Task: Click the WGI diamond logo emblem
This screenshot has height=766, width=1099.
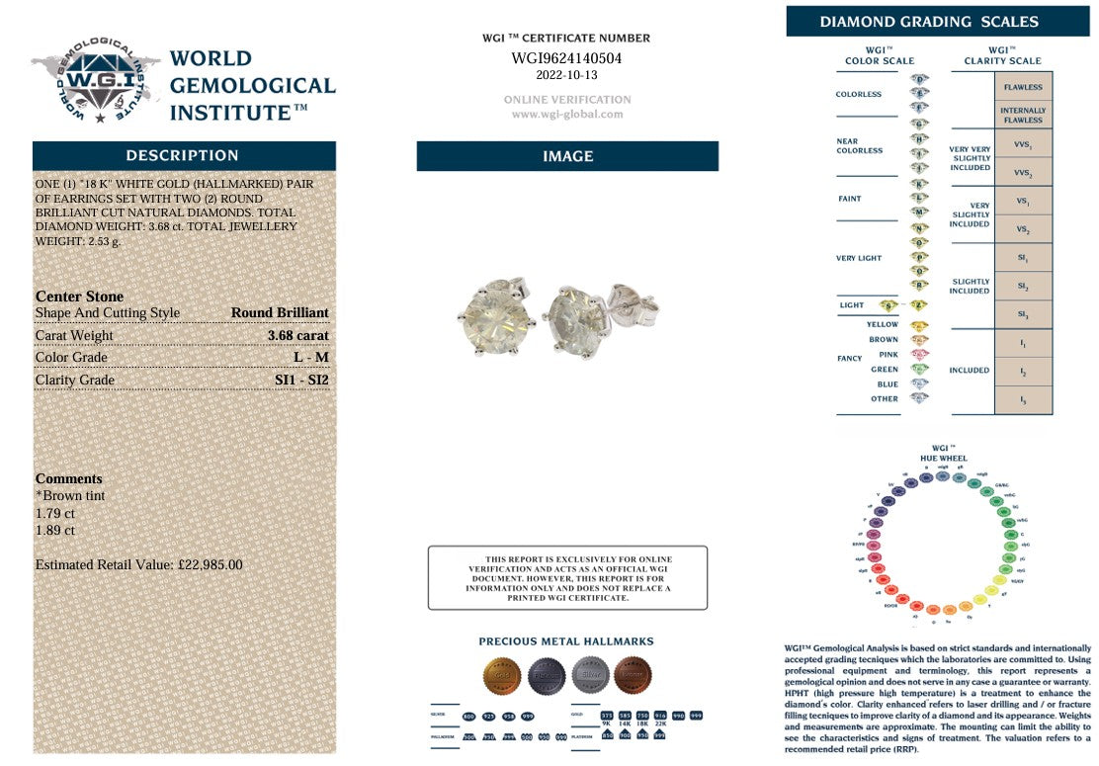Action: coord(97,81)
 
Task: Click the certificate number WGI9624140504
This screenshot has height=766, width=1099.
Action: coord(566,58)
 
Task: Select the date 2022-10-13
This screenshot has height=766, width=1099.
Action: coord(566,75)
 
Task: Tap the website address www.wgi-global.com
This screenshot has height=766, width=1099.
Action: coord(567,114)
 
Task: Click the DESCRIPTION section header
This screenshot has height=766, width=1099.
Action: coord(183,156)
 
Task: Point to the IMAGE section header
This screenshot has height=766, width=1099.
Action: coord(567,156)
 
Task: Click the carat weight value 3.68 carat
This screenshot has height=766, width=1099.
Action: coord(297,335)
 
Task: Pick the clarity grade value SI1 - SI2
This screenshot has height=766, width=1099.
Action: coord(301,380)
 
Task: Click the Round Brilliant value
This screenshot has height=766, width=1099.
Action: coord(280,312)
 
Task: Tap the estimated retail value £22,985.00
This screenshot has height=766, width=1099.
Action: coord(138,564)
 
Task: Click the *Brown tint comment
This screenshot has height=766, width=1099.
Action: coord(70,495)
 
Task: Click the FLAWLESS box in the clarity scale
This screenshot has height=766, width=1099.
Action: coord(1022,87)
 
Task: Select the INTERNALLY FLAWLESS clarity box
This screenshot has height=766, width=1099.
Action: coord(1022,115)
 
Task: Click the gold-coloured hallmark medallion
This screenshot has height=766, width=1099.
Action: coord(501,676)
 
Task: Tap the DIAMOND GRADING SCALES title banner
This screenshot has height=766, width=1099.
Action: coord(929,22)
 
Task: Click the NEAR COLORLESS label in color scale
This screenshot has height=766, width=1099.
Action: coord(860,146)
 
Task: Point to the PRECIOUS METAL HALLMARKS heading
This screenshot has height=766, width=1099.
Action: coord(566,641)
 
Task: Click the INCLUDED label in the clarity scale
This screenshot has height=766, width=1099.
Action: coord(969,370)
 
